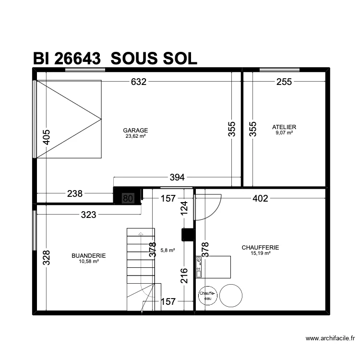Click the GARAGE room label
[135, 130]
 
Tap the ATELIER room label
[284, 127]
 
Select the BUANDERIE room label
[88, 256]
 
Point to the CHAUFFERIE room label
[260, 248]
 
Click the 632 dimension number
[138, 82]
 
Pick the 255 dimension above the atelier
[284, 82]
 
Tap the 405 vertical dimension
[47, 137]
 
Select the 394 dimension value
[178, 178]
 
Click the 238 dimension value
[75, 194]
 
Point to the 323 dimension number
[88, 215]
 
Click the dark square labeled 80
[128, 198]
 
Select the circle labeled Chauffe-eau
[208, 295]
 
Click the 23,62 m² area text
[135, 136]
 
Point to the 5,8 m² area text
[168, 250]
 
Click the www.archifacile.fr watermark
[332, 338]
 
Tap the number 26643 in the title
[77, 59]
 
